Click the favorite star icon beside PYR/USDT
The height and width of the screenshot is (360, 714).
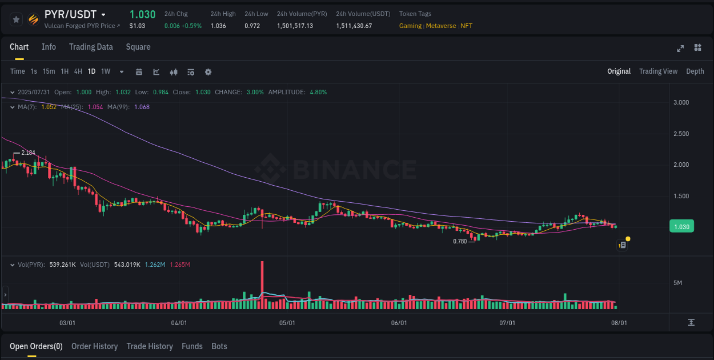click(x=17, y=19)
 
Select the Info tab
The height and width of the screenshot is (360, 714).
click(x=49, y=47)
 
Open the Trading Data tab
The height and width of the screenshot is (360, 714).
click(x=91, y=47)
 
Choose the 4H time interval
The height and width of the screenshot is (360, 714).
click(x=78, y=71)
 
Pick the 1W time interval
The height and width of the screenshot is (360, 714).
click(x=106, y=71)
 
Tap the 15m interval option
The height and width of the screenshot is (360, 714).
click(x=49, y=71)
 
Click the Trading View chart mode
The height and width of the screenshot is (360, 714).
click(x=658, y=71)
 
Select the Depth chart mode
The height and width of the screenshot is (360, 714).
click(x=695, y=71)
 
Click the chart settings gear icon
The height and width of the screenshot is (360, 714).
click(x=208, y=72)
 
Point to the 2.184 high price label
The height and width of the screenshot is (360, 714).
click(x=28, y=153)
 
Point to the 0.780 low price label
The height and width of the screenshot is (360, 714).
click(x=460, y=241)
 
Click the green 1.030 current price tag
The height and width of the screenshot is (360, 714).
click(x=681, y=227)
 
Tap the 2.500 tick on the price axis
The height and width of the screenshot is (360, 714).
click(x=680, y=134)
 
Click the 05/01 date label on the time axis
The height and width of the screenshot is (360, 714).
click(x=287, y=323)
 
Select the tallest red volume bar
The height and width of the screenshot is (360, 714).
click(x=262, y=285)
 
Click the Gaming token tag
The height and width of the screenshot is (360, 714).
click(x=410, y=26)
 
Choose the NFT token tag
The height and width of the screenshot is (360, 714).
click(x=467, y=26)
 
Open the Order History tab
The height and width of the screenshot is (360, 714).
click(x=94, y=346)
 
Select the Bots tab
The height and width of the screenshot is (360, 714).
click(x=219, y=346)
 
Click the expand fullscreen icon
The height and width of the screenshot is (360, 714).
click(x=680, y=48)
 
